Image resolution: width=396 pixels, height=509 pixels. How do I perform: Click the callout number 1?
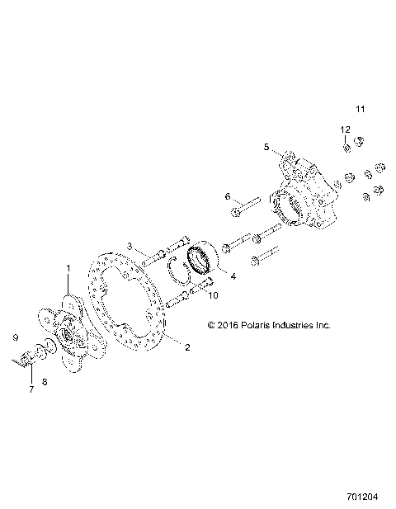click(x=68, y=268)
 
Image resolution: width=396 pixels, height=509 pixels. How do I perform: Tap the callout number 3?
click(x=130, y=246)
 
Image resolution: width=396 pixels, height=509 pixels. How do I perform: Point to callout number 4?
click(x=233, y=276)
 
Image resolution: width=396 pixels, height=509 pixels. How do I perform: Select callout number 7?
click(x=32, y=389)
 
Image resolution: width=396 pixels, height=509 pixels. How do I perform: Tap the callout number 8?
click(x=45, y=382)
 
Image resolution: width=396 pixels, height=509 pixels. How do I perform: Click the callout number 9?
click(x=14, y=337)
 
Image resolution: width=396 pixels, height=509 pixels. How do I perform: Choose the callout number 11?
click(x=360, y=109)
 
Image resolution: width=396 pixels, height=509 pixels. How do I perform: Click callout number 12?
click(x=346, y=130)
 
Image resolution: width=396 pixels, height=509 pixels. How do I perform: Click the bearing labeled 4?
click(x=203, y=259)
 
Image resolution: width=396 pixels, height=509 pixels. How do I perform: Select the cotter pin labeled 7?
click(x=24, y=362)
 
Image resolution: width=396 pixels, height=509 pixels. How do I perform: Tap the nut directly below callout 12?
click(x=348, y=148)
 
